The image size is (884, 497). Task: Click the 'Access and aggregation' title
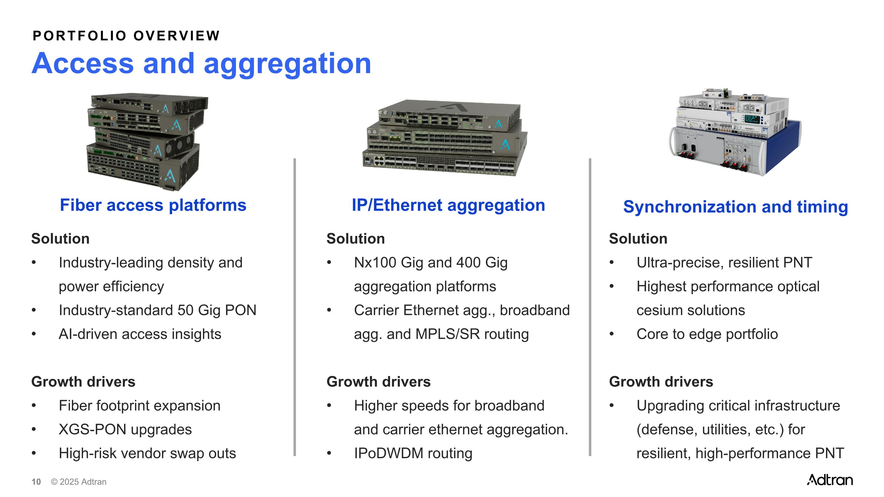pyautogui.click(x=202, y=64)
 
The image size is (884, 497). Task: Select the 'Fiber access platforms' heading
pyautogui.click(x=153, y=205)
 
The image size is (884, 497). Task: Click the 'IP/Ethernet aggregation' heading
pyautogui.click(x=448, y=205)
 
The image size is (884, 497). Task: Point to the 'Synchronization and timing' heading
pyautogui.click(x=736, y=207)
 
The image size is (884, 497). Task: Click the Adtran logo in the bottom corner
pyautogui.click(x=830, y=480)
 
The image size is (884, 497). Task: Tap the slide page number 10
pyautogui.click(x=36, y=482)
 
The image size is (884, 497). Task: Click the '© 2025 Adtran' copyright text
pyautogui.click(x=79, y=482)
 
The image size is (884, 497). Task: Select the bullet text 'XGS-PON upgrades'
pyautogui.click(x=125, y=430)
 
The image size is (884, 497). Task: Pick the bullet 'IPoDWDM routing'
pyautogui.click(x=413, y=453)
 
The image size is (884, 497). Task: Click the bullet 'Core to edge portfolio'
pyautogui.click(x=707, y=334)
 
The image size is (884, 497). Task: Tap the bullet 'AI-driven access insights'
pyautogui.click(x=140, y=334)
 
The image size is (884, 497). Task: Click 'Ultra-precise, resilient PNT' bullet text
pyautogui.click(x=724, y=263)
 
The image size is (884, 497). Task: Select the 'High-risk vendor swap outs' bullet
pyautogui.click(x=148, y=453)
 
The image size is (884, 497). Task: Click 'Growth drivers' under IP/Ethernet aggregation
pyautogui.click(x=379, y=382)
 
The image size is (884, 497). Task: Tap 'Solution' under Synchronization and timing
pyautogui.click(x=638, y=239)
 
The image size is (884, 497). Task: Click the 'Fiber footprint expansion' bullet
pyautogui.click(x=140, y=406)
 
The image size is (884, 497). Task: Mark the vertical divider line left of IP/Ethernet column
pyautogui.click(x=295, y=307)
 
